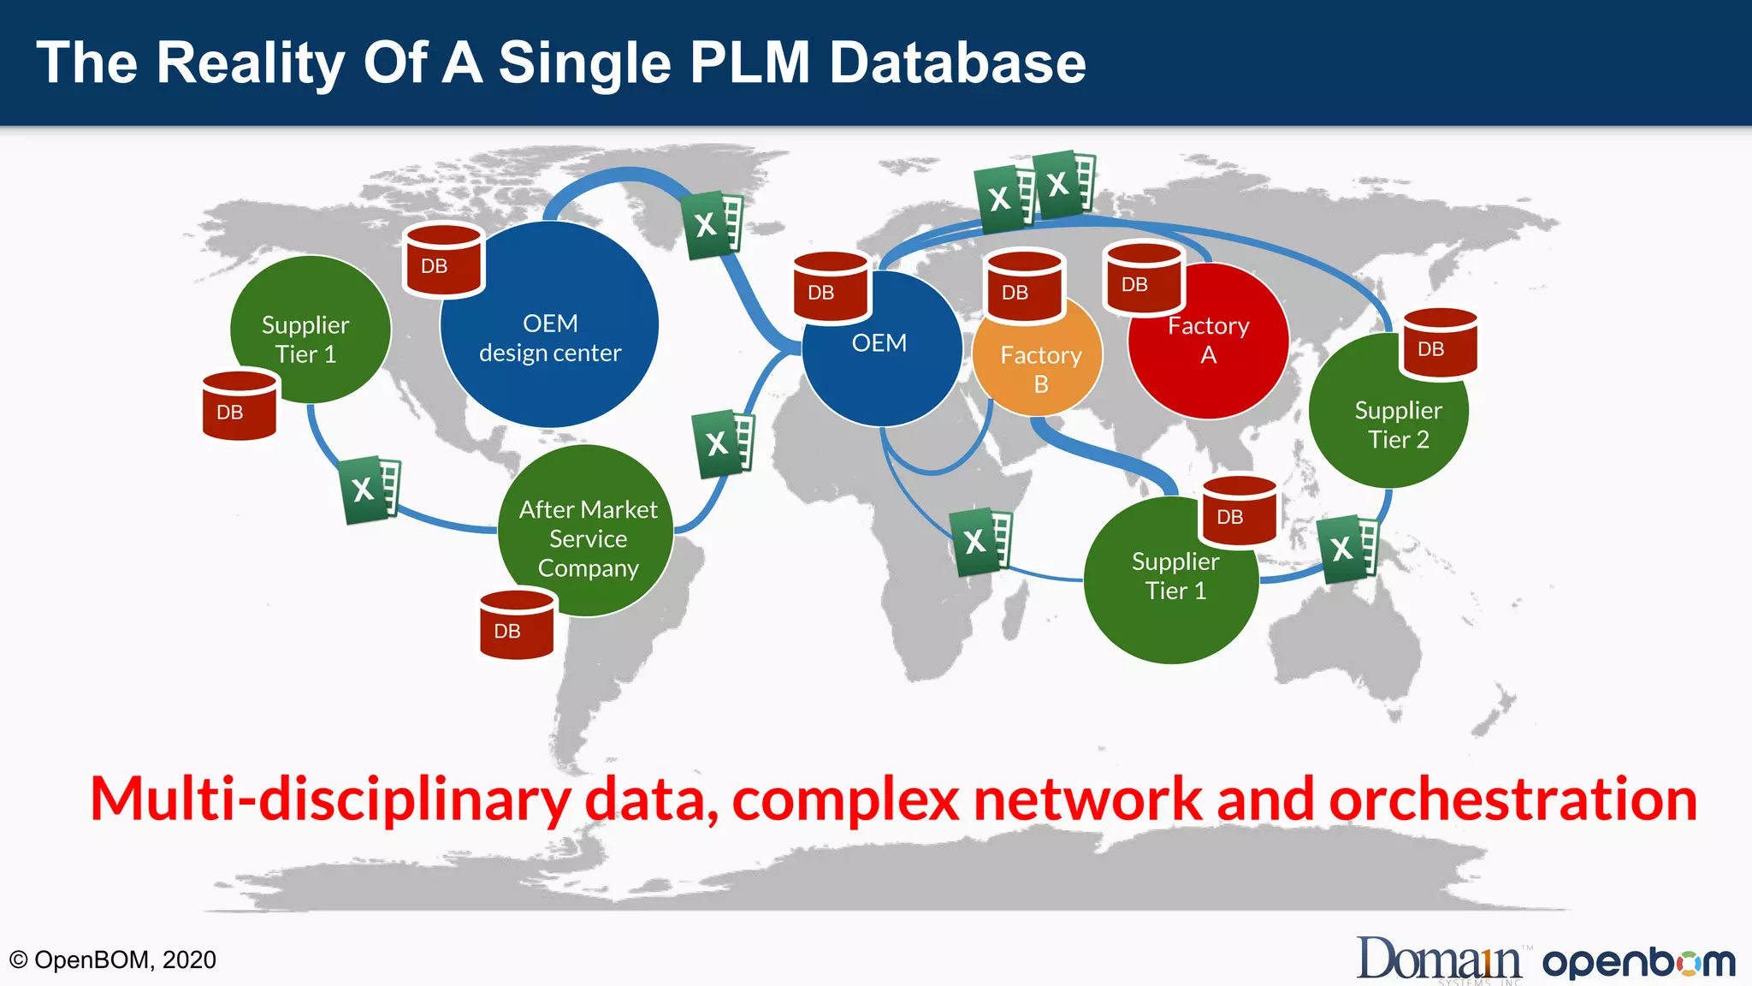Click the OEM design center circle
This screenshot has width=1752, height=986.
[x=549, y=338]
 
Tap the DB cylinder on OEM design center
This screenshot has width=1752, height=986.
[x=443, y=260]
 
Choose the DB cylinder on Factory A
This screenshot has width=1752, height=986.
[x=1144, y=278]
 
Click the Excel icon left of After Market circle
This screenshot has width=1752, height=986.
[x=370, y=490]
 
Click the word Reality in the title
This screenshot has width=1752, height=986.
[x=250, y=63]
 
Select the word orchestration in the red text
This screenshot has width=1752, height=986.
[x=1512, y=799]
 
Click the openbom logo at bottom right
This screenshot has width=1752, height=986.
[x=1639, y=962]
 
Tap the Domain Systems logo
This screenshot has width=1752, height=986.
[x=1441, y=960]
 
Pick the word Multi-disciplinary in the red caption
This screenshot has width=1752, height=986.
[x=330, y=799]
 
